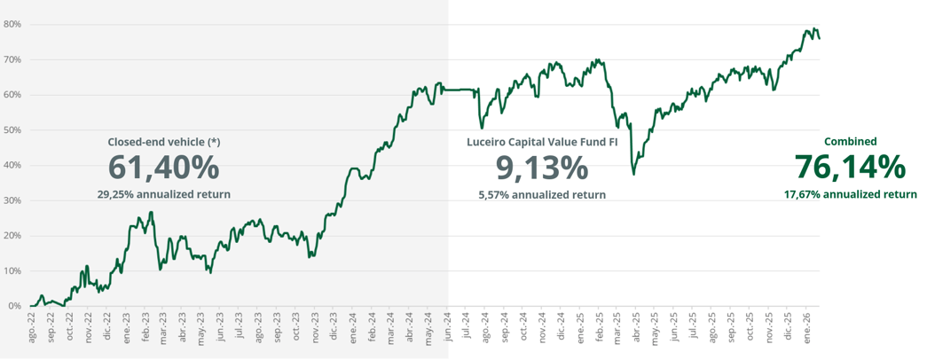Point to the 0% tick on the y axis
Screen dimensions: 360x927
point(14,306)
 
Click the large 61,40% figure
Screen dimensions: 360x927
point(163,167)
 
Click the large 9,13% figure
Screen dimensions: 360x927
point(541,167)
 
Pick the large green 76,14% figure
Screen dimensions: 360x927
point(850,167)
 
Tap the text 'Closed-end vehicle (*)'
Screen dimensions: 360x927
point(163,142)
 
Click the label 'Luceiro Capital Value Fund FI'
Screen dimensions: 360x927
point(542,142)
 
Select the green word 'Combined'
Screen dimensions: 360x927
point(850,142)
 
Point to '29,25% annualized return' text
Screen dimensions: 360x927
point(163,194)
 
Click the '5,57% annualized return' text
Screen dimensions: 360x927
point(542,194)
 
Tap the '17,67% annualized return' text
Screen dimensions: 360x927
point(850,194)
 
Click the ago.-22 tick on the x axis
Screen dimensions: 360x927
point(32,327)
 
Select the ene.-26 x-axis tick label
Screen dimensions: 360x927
point(807,327)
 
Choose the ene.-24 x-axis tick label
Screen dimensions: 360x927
point(353,327)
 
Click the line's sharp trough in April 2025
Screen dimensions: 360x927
point(633,174)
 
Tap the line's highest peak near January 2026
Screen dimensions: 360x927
point(813,28)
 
